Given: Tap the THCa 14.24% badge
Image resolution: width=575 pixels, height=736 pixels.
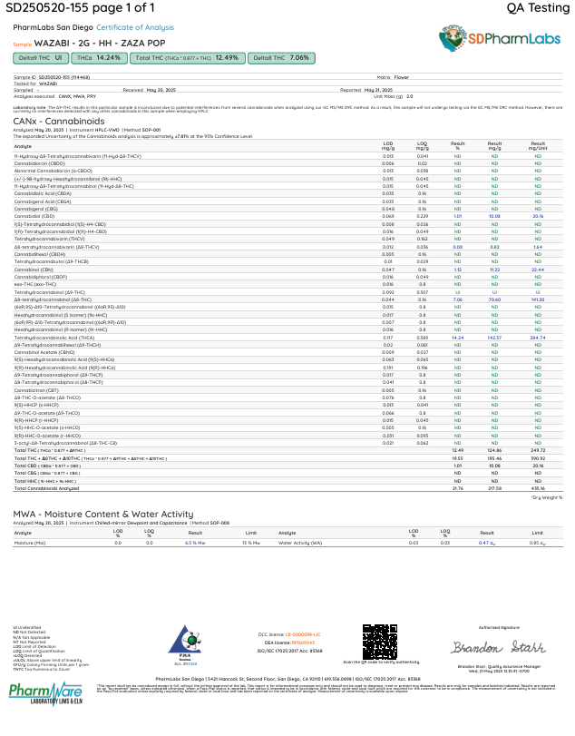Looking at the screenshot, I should [x=98, y=57].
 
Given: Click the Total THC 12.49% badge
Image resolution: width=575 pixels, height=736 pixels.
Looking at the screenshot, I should [x=186, y=57].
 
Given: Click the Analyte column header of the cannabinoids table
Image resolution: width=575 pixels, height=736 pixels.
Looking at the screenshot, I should [x=23, y=145].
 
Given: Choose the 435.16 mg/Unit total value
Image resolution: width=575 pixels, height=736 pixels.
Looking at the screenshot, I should [x=537, y=488].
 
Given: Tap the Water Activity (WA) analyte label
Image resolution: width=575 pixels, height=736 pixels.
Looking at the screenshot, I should [x=299, y=542].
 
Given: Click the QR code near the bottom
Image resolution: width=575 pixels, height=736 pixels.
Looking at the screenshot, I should [x=380, y=636].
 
